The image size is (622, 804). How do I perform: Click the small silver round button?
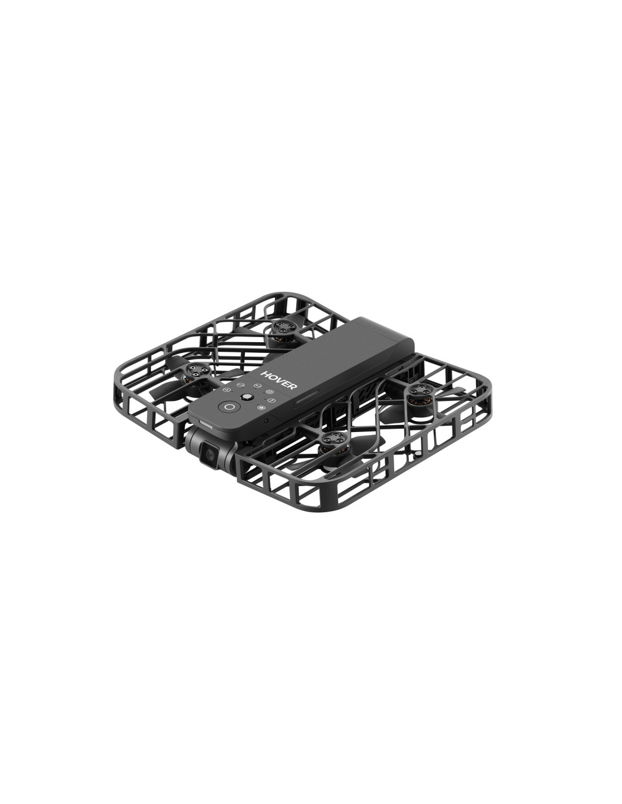tap(245, 397)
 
